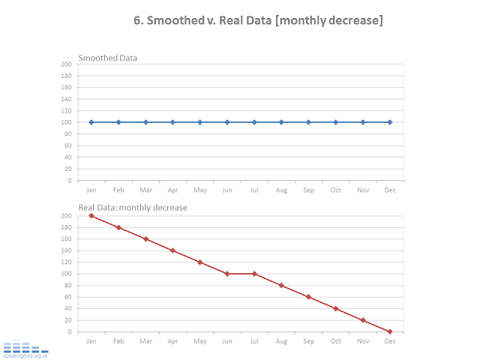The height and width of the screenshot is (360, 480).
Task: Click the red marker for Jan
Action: (x=91, y=216)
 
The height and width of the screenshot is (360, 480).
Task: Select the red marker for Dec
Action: (x=390, y=331)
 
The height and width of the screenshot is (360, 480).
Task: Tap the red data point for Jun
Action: (x=227, y=274)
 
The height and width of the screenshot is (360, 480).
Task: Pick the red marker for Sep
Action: (x=308, y=297)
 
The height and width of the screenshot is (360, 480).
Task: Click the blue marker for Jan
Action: (x=91, y=122)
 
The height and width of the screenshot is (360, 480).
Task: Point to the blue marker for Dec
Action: (x=390, y=122)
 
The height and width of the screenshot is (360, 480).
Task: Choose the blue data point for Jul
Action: (x=254, y=122)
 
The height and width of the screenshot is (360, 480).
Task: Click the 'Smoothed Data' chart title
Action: (x=108, y=58)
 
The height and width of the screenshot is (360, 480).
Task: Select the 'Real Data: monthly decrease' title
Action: (x=133, y=208)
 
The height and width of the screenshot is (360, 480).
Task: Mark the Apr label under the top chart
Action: (x=172, y=190)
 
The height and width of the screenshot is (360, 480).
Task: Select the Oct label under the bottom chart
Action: (x=335, y=341)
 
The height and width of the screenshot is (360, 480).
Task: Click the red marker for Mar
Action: (x=145, y=239)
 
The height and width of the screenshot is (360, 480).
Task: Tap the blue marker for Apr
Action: (x=172, y=122)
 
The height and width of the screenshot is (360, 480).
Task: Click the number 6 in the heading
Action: (x=138, y=21)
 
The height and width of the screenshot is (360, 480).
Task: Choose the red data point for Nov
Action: (x=363, y=320)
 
